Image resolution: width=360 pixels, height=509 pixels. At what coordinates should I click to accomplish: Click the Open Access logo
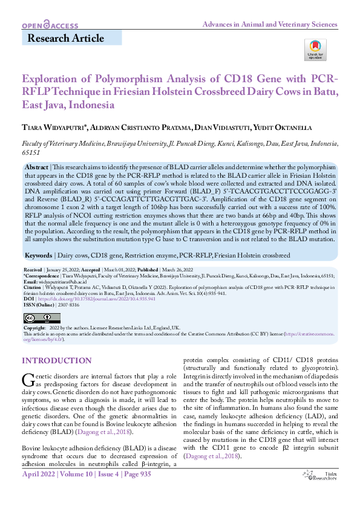click(50, 25)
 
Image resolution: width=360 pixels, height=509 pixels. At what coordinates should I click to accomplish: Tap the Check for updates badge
click(315, 50)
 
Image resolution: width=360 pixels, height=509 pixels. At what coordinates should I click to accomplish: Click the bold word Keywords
click(38, 256)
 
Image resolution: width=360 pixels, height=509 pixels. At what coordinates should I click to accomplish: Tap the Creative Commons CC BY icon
click(41, 317)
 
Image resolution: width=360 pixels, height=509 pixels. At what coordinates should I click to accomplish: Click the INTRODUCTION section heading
click(57, 361)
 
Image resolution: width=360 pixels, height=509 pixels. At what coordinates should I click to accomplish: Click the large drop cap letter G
click(28, 380)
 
